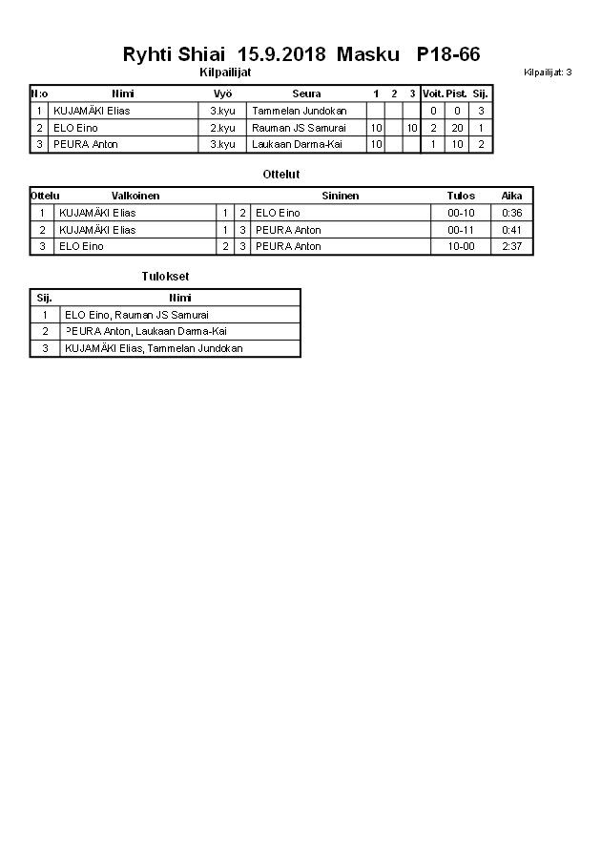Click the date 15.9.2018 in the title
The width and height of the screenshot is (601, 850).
click(x=281, y=54)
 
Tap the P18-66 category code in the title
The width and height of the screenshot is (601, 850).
click(x=448, y=54)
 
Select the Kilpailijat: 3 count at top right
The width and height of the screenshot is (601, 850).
click(x=548, y=73)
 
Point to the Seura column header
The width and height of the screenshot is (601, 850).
click(x=306, y=93)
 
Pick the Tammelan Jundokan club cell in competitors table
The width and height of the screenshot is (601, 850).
click(x=300, y=111)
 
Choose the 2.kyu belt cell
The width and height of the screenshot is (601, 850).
click(x=222, y=128)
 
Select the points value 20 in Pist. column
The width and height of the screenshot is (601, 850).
click(x=457, y=128)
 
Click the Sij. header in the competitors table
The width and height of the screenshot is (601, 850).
click(x=481, y=93)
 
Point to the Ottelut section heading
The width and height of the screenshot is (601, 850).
click(x=281, y=175)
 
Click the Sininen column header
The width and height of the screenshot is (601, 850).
click(x=340, y=196)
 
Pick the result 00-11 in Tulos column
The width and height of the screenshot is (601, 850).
click(x=461, y=230)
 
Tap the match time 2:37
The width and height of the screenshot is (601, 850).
click(x=512, y=246)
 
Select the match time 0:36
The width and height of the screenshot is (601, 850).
click(x=512, y=213)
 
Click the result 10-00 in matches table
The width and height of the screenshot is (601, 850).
click(x=461, y=246)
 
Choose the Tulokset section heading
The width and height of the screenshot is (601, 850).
click(x=158, y=277)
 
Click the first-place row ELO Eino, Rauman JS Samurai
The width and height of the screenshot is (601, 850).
click(x=136, y=315)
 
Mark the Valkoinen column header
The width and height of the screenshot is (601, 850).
click(x=135, y=196)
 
